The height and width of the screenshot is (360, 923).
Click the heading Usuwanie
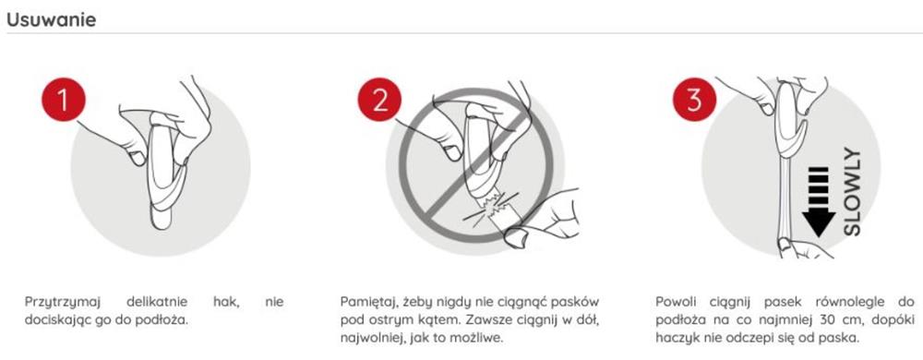(x=52, y=18)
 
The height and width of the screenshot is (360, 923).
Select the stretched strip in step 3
(x=785, y=203)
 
